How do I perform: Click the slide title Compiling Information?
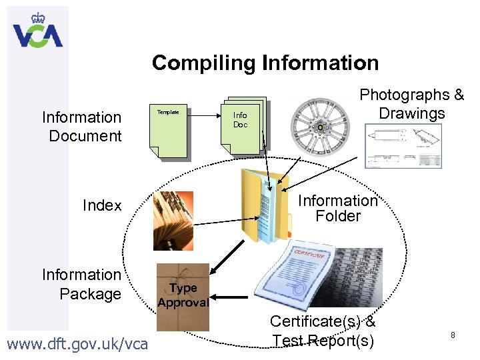point(265,63)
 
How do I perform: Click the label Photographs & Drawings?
point(412,104)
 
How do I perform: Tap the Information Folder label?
point(338,208)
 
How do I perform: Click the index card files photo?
point(172,221)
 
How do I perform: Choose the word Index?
point(102,205)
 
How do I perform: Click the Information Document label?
point(82,127)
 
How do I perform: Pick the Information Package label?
point(82,284)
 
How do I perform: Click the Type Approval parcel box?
point(182,296)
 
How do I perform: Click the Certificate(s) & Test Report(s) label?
point(323,331)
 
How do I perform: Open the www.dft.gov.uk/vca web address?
point(77,345)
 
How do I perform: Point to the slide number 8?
point(453,335)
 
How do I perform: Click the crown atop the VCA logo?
point(37,17)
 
